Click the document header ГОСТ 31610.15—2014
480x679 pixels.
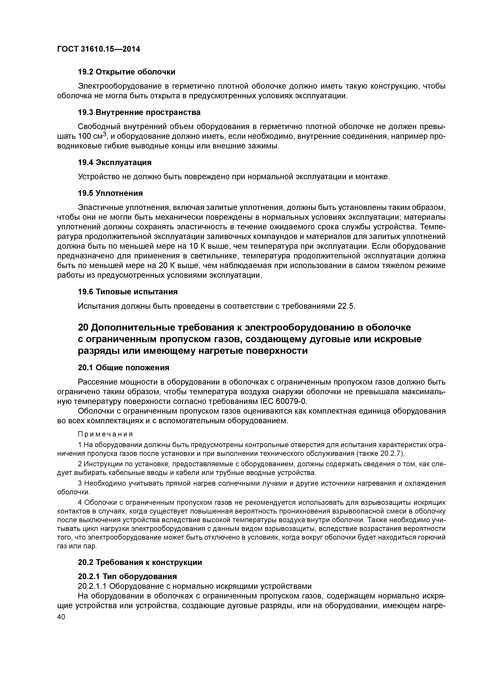[x=99, y=49]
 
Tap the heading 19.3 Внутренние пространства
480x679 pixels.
[x=139, y=112]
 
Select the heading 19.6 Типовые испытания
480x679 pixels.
[x=128, y=292]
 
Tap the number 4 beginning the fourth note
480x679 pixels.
[x=80, y=503]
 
